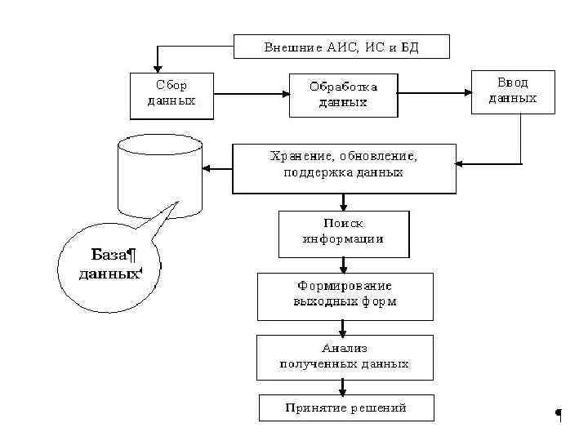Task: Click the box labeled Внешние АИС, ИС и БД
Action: pos(341,47)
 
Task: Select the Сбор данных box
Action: pos(171,94)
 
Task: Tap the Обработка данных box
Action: pos(343,95)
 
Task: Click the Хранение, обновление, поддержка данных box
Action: pos(343,167)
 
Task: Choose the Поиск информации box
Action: pos(343,232)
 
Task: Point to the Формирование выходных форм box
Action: pos(345,295)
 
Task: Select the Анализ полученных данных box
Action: pos(344,356)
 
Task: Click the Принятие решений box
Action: pos(345,408)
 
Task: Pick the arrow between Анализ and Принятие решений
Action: pos(344,387)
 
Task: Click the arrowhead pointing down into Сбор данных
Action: pos(158,66)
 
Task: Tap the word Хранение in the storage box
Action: pos(299,155)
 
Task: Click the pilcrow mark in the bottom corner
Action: pos(559,414)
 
